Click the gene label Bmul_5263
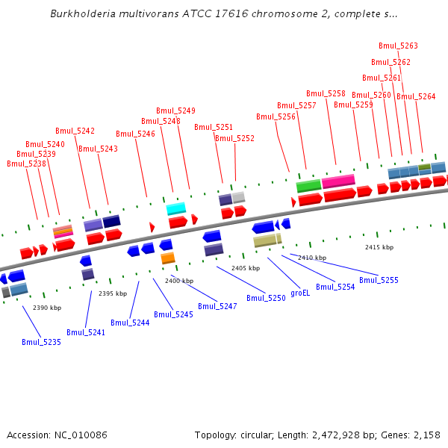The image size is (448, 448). [398, 46]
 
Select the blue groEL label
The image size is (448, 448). [300, 293]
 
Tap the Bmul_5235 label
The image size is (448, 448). [41, 342]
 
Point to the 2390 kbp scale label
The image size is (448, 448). [47, 308]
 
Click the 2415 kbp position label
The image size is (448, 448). [379, 247]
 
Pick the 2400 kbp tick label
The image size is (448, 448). [179, 281]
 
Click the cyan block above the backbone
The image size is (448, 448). [176, 208]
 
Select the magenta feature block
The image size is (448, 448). [338, 181]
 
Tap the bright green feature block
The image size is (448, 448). [308, 185]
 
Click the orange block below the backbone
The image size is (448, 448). [168, 258]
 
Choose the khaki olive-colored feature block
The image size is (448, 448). [265, 240]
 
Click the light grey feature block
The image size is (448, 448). [238, 197]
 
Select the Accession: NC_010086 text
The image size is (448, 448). [57, 435]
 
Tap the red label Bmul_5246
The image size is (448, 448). [135, 134]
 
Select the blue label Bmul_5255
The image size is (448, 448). [379, 280]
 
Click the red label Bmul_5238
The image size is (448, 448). [26, 164]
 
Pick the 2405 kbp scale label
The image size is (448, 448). [246, 267]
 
